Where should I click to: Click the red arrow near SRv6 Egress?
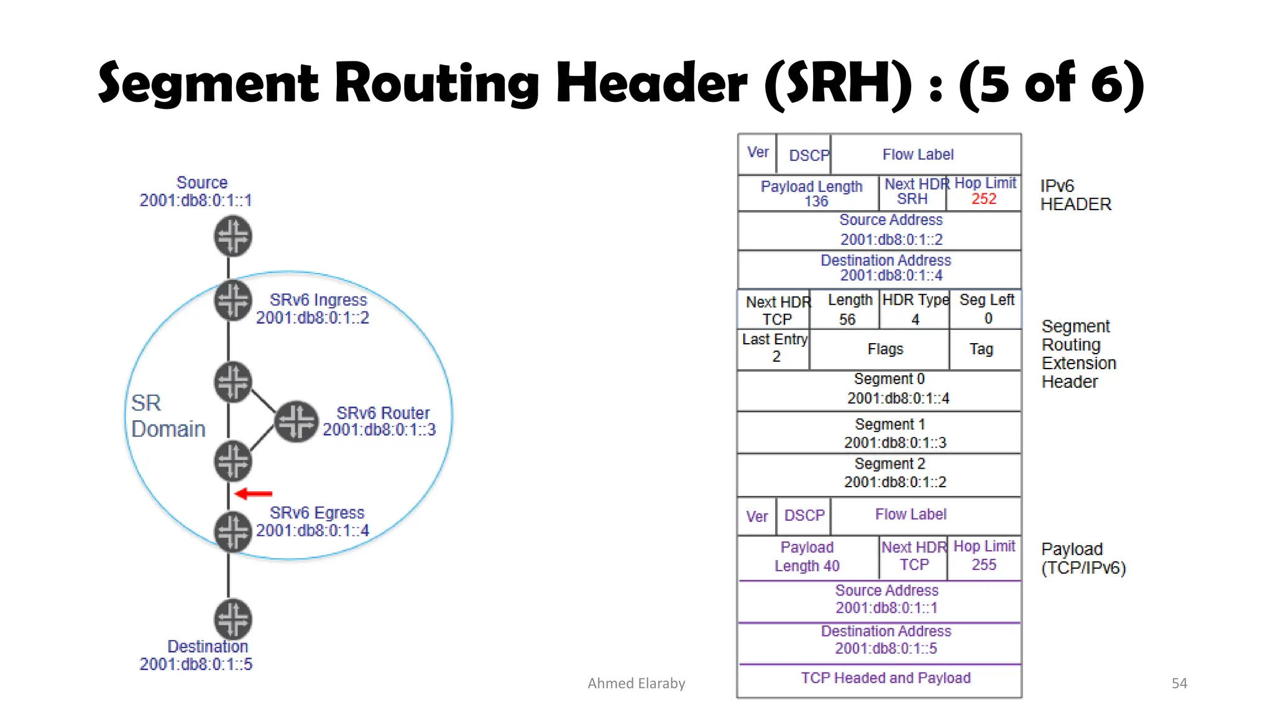pos(254,494)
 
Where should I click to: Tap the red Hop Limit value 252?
pos(983,199)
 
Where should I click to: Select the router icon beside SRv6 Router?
pos(296,421)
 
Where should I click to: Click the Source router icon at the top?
pos(233,236)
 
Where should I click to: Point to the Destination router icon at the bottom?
pos(233,619)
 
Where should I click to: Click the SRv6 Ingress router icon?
pos(233,300)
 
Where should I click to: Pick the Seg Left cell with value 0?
pos(987,310)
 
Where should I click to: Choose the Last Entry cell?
pos(774,348)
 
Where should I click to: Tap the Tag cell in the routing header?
pos(981,349)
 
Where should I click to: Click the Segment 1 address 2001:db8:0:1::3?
pos(894,443)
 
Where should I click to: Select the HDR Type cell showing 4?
pos(915,310)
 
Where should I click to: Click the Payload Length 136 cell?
pos(811,193)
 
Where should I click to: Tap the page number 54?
pos(1179,683)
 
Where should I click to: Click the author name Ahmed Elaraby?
pos(636,683)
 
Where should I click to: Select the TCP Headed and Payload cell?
pos(885,678)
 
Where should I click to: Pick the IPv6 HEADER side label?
pos(1075,195)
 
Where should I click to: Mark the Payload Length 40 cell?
pos(807,556)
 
